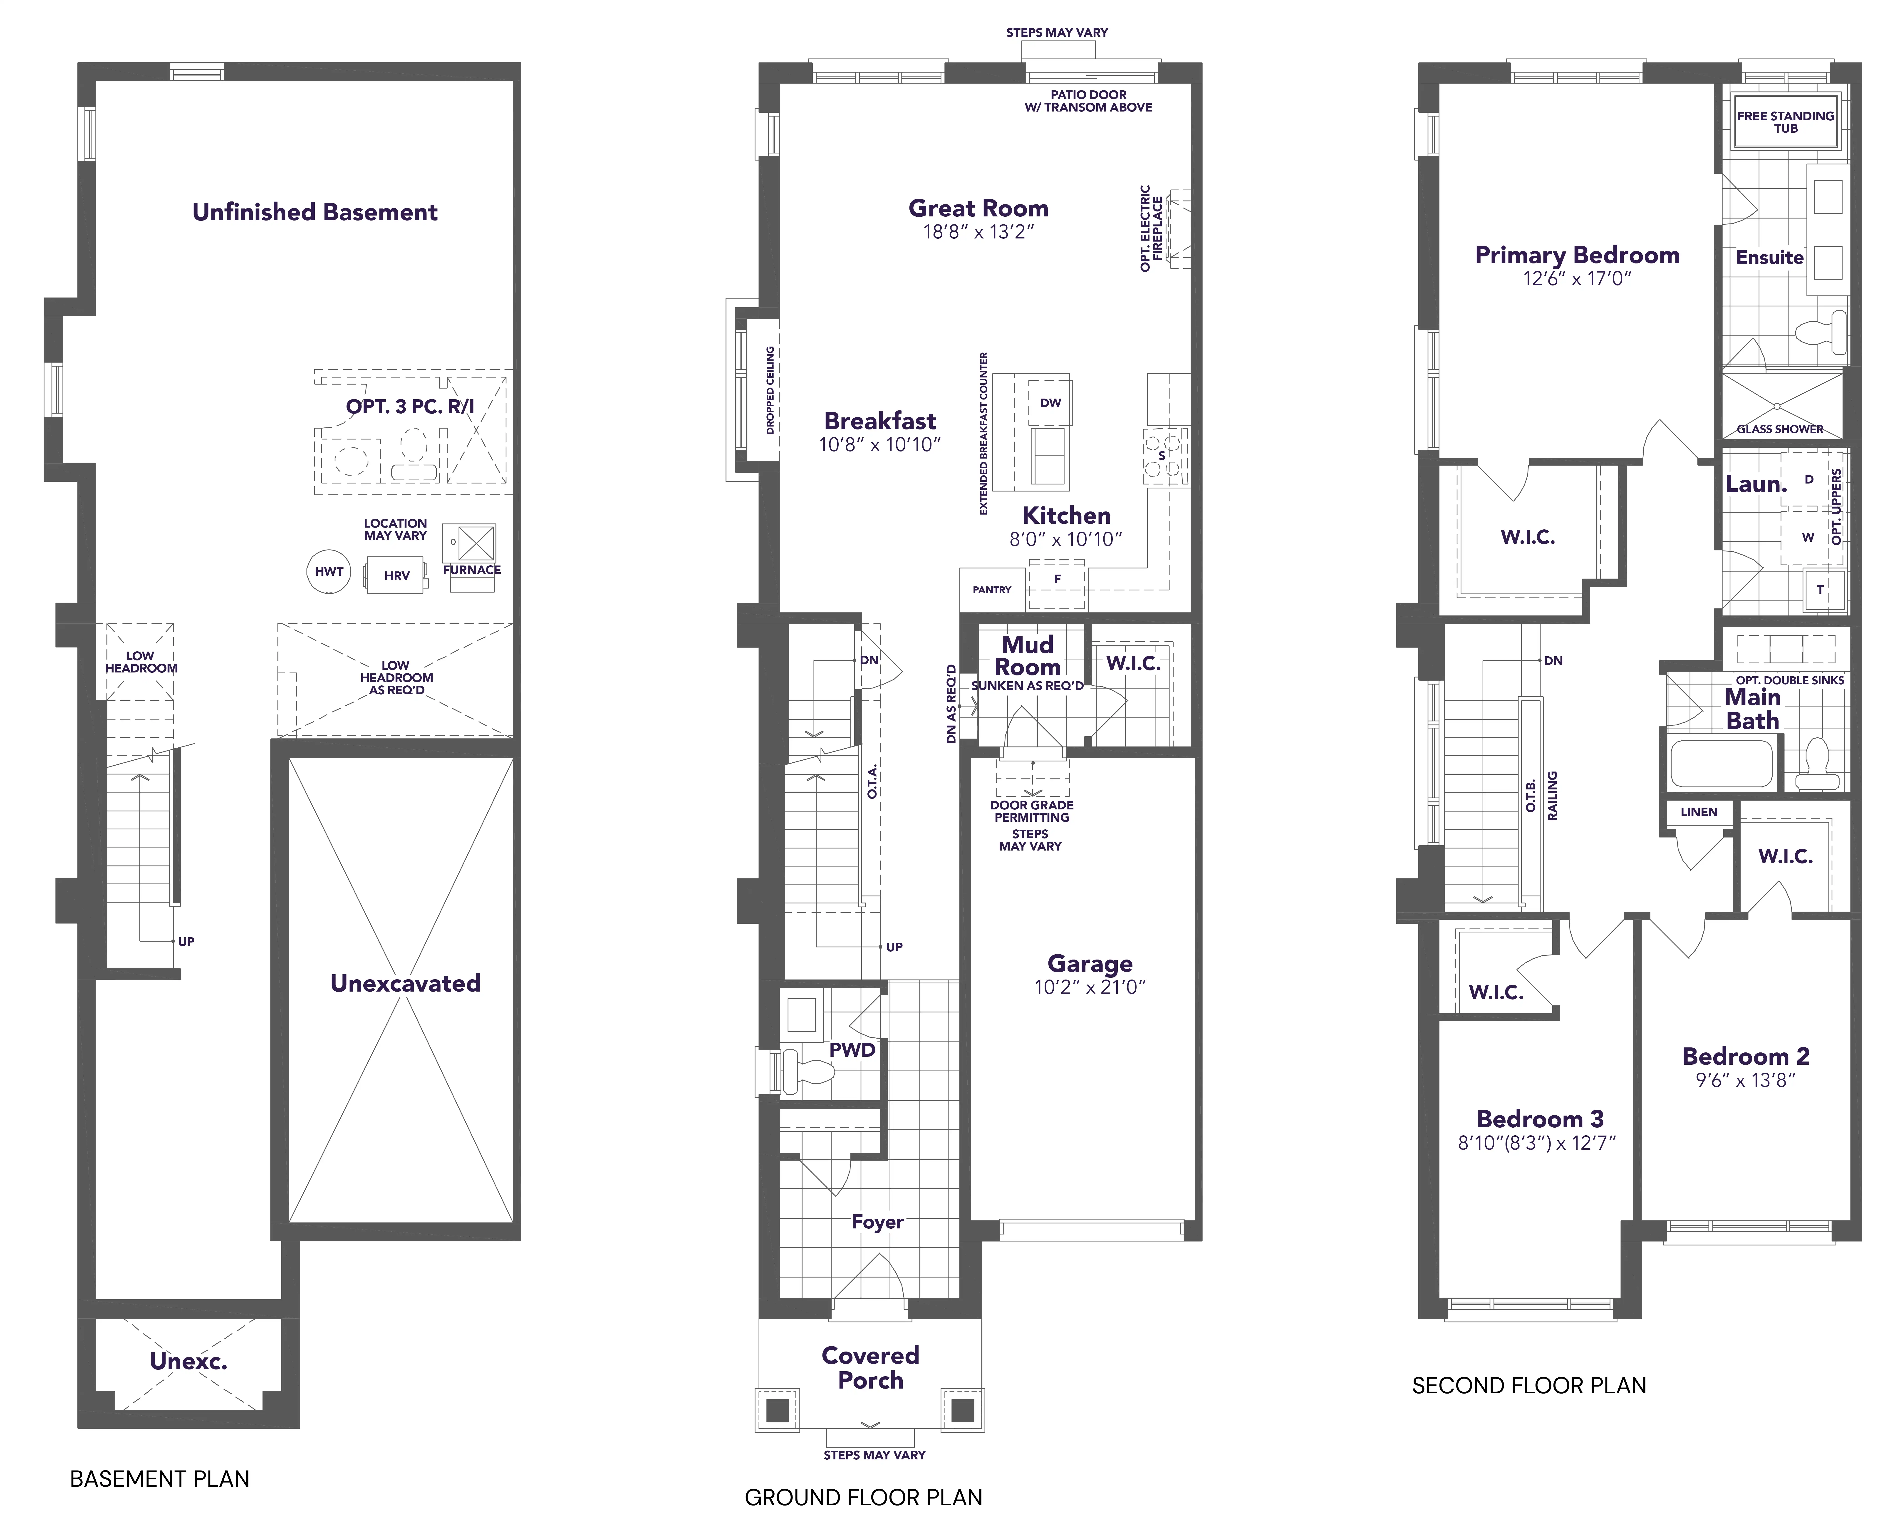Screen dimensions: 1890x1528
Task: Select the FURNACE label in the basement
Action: [472, 569]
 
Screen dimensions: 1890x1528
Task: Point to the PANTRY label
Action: [992, 590]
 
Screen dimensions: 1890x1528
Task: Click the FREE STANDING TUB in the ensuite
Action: [1785, 122]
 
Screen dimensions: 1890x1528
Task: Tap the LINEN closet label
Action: [1698, 811]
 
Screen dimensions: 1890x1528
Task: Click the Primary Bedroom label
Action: [1577, 255]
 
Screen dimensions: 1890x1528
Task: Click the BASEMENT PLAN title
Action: [159, 1479]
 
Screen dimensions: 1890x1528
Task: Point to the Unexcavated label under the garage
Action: [405, 983]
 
